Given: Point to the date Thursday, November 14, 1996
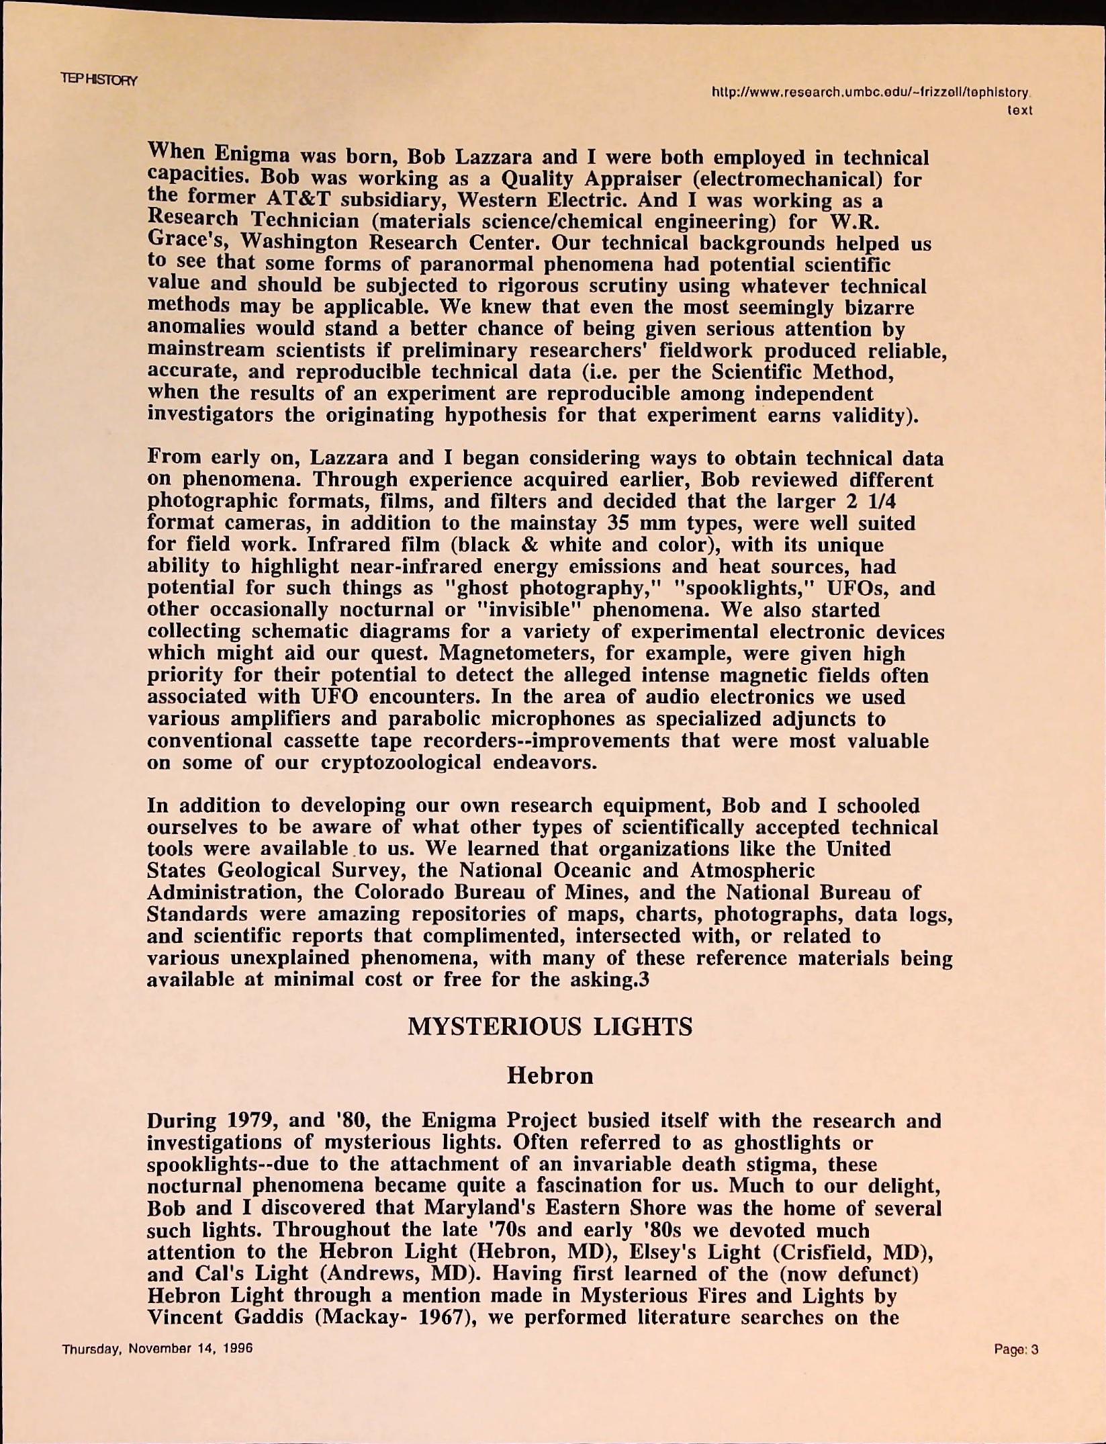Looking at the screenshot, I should point(157,1349).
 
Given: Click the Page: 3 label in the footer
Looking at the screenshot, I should point(1017,1349).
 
